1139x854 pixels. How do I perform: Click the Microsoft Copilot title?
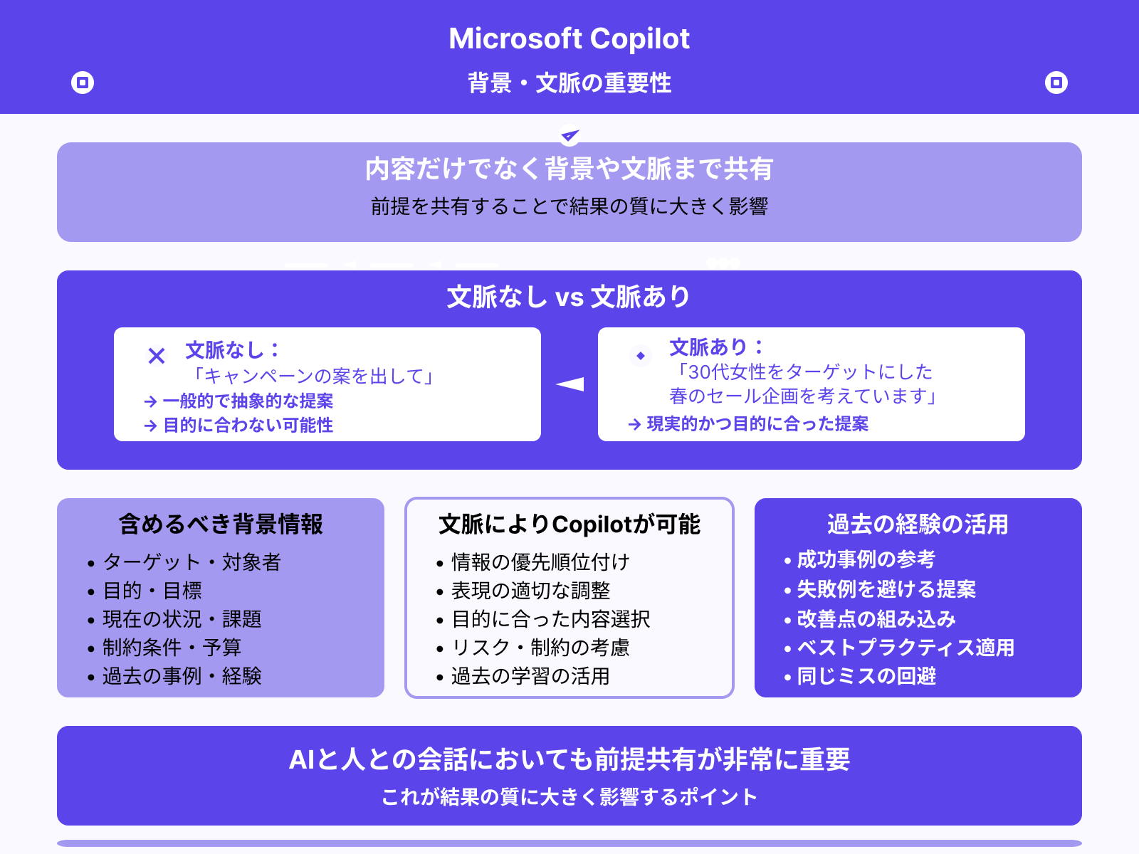click(x=569, y=38)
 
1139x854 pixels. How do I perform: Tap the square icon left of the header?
click(x=83, y=83)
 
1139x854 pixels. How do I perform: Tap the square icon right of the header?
click(x=1056, y=83)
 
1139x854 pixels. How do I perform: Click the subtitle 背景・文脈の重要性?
click(x=569, y=83)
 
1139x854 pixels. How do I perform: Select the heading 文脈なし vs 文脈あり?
click(x=569, y=297)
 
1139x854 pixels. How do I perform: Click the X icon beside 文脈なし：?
click(x=157, y=355)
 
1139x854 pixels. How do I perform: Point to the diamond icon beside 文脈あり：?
click(x=641, y=355)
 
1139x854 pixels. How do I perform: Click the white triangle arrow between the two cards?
click(x=570, y=384)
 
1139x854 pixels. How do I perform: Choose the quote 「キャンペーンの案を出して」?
click(x=314, y=376)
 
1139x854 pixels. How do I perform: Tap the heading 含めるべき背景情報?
click(x=221, y=524)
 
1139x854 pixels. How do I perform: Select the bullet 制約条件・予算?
click(x=172, y=648)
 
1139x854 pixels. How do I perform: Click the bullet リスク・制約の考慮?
click(x=540, y=648)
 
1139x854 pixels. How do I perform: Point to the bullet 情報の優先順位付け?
click(x=540, y=562)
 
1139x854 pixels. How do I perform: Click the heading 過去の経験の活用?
click(x=918, y=524)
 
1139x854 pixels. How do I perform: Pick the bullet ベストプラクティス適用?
click(x=905, y=648)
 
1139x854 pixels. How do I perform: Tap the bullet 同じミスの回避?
click(x=866, y=676)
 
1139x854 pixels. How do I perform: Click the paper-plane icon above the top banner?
click(x=569, y=135)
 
